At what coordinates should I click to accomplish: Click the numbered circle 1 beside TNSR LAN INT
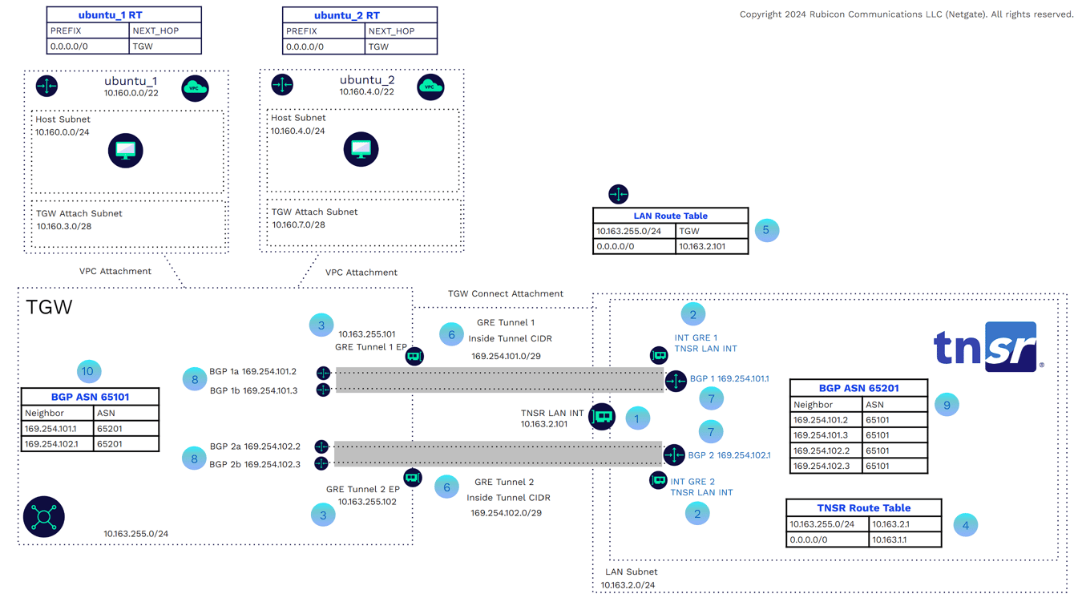click(637, 418)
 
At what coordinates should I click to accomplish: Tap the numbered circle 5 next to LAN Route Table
click(766, 230)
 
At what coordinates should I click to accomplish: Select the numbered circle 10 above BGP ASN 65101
click(88, 371)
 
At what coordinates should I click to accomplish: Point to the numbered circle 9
click(947, 405)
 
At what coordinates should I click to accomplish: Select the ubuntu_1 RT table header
click(123, 15)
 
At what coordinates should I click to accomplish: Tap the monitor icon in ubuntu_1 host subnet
click(126, 151)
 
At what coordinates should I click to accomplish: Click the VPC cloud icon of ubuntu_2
click(430, 87)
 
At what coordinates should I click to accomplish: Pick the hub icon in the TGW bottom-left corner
click(44, 517)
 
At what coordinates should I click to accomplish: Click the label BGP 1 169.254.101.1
click(729, 378)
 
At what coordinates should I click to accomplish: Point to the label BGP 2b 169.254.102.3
click(255, 463)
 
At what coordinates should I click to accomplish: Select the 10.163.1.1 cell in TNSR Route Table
click(904, 539)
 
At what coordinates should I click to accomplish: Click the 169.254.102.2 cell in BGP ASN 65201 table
click(829, 450)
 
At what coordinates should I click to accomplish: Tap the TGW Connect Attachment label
click(505, 293)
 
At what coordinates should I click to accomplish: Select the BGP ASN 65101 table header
click(90, 397)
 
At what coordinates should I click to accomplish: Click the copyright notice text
click(906, 14)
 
